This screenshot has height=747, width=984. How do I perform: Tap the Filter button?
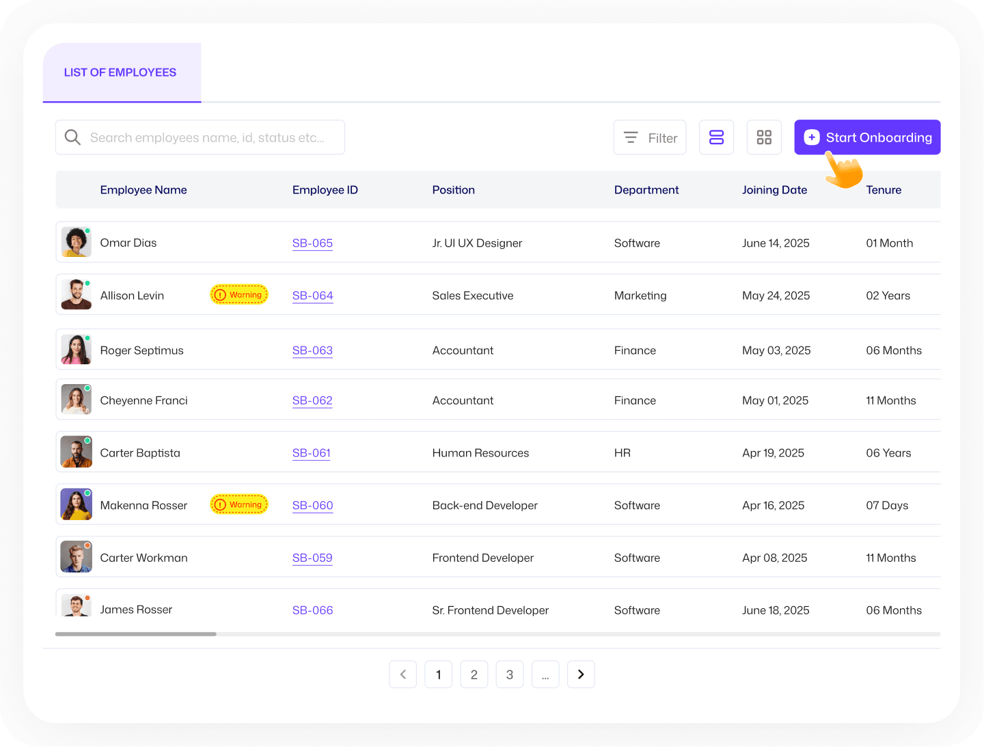click(x=649, y=137)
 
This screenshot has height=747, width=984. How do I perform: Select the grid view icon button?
click(x=764, y=137)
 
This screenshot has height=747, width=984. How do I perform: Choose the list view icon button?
click(x=716, y=137)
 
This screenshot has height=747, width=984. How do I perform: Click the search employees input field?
click(x=205, y=137)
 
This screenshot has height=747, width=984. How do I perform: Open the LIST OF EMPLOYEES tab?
click(x=121, y=72)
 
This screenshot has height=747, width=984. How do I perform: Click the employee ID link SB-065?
click(x=312, y=243)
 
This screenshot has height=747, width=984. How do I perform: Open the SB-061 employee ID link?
click(x=311, y=453)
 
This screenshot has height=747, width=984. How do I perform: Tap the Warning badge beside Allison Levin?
click(x=239, y=295)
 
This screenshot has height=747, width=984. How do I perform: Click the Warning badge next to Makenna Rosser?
click(x=239, y=504)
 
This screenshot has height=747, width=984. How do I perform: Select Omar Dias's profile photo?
click(x=76, y=242)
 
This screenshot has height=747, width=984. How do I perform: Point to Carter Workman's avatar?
click(x=76, y=557)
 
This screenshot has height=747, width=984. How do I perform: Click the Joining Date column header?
click(x=774, y=190)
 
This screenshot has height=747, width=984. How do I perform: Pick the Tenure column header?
click(x=884, y=190)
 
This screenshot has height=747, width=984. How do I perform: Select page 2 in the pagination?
click(x=474, y=675)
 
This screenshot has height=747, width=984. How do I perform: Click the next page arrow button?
click(x=581, y=675)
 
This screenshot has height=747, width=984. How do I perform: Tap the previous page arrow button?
click(x=402, y=675)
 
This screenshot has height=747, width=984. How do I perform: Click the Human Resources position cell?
click(x=480, y=453)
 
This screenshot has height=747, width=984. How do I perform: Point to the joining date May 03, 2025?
click(x=776, y=351)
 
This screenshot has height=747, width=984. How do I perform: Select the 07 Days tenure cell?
click(x=887, y=506)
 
